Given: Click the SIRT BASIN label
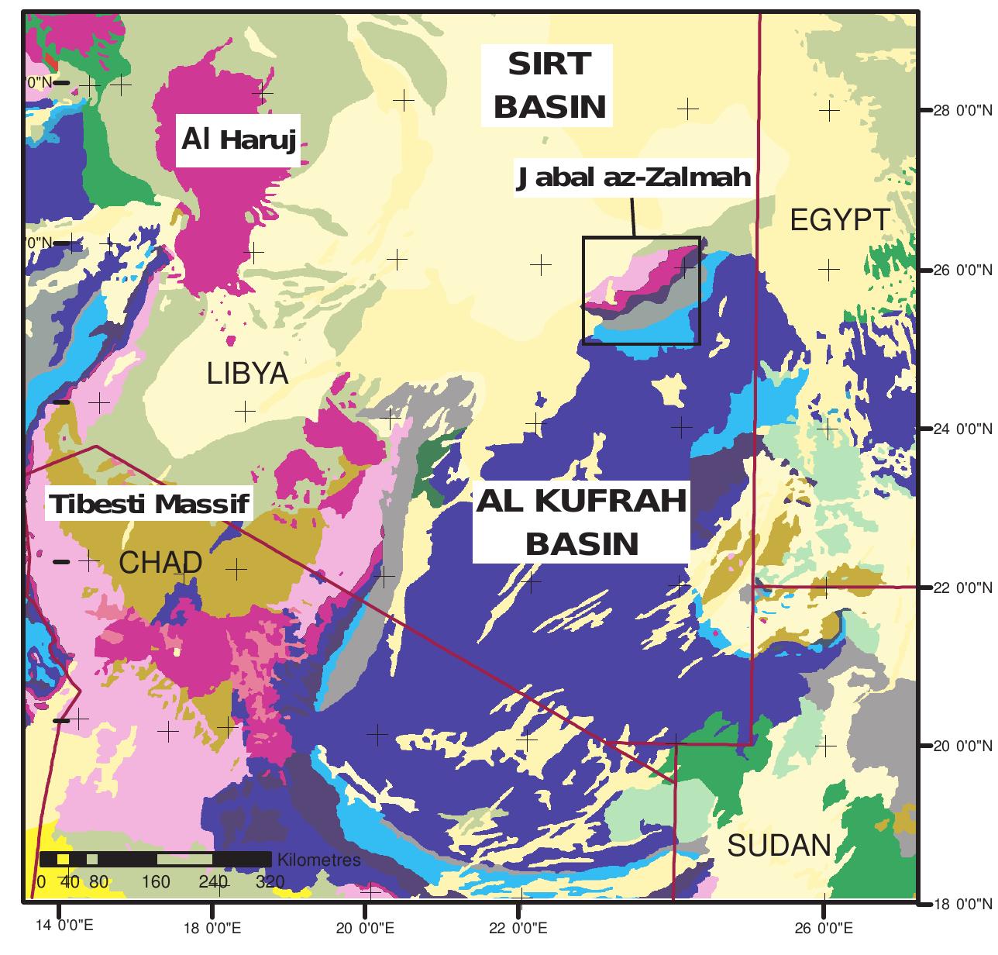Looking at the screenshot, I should tap(549, 85).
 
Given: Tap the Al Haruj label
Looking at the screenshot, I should tap(239, 140).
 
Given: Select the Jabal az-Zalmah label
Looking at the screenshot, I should tap(633, 178).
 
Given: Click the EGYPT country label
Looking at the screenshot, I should tap(839, 220).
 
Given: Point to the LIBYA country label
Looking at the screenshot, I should tap(247, 374).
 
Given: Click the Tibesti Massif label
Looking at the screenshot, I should tap(150, 505).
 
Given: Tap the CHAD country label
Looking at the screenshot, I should tap(160, 563).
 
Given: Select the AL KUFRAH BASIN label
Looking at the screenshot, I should tap(581, 522).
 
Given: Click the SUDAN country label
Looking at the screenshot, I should tap(779, 845).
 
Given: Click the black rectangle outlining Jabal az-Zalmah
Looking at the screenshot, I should tap(583, 291).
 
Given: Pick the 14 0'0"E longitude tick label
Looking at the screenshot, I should tap(60, 927).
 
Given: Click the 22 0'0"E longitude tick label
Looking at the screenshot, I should tap(519, 928).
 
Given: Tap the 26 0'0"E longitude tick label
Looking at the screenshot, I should tap(823, 928).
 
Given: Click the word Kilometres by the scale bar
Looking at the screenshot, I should tap(318, 860).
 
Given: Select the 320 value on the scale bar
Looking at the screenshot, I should tap(269, 882).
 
